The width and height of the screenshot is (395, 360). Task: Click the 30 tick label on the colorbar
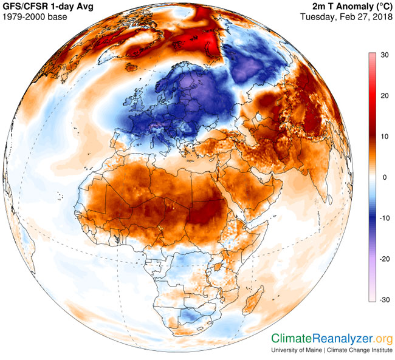(x=385, y=55)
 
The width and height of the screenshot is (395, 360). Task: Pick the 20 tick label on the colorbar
(x=385, y=96)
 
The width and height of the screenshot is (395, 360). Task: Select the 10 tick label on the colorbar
(x=385, y=137)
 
